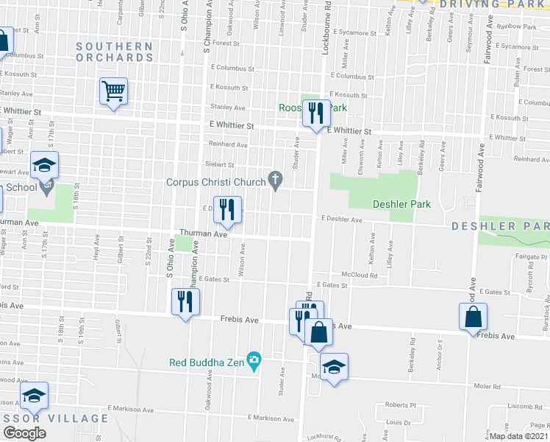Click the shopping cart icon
pyautogui.click(x=113, y=92)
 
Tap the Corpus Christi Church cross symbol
pyautogui.click(x=276, y=179)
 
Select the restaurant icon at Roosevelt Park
pyautogui.click(x=316, y=113)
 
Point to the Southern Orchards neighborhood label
pyautogui.click(x=115, y=52)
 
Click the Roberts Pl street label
pyautogui.click(x=401, y=404)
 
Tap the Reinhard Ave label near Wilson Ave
pyautogui.click(x=227, y=144)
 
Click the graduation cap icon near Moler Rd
pyautogui.click(x=334, y=368)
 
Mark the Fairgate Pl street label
pyautogui.click(x=515, y=257)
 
